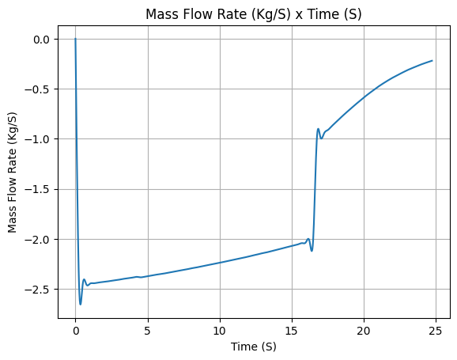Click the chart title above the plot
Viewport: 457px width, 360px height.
tap(253, 14)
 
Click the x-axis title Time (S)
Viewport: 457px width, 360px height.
tap(253, 347)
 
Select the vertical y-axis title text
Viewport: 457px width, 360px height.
tap(12, 172)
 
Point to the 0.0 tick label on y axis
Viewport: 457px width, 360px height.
tap(41, 40)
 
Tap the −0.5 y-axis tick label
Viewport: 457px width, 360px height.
tap(39, 89)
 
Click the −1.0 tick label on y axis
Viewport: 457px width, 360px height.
tap(39, 139)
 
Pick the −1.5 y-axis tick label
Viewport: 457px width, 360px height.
tap(39, 189)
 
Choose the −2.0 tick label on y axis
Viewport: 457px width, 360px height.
tap(39, 239)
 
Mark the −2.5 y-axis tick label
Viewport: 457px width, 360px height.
tap(39, 290)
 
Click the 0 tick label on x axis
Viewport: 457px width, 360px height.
tap(75, 331)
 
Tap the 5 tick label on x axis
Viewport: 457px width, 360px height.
tap(148, 331)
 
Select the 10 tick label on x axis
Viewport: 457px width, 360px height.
tap(220, 331)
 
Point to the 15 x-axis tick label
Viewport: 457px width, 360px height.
tap(292, 331)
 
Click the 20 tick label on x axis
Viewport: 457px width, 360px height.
tap(364, 331)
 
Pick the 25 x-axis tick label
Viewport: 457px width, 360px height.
tap(436, 331)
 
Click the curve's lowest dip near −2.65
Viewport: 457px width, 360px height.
tap(81, 305)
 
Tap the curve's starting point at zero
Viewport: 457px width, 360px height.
tap(75, 39)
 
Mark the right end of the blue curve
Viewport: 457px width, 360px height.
tap(432, 61)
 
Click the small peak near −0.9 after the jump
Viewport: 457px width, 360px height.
tap(318, 129)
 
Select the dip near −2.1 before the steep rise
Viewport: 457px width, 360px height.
tap(312, 251)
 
